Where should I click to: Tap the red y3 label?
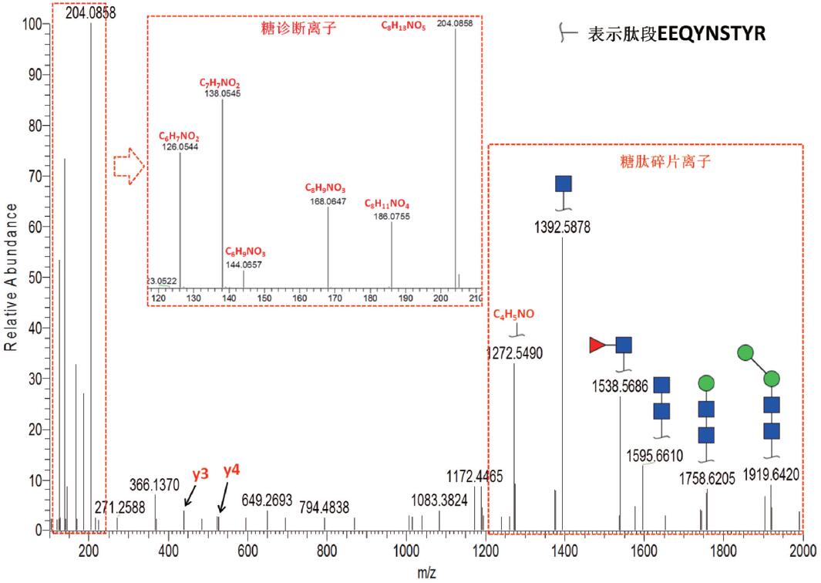coord(200,474)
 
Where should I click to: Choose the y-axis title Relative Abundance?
coord(12,278)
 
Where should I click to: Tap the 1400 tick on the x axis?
coord(564,550)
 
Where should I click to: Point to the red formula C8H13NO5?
coord(404,26)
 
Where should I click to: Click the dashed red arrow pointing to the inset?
coord(129,166)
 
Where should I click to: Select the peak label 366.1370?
coord(154,485)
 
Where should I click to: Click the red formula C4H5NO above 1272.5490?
coord(513,314)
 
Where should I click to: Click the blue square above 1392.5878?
coord(564,184)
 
